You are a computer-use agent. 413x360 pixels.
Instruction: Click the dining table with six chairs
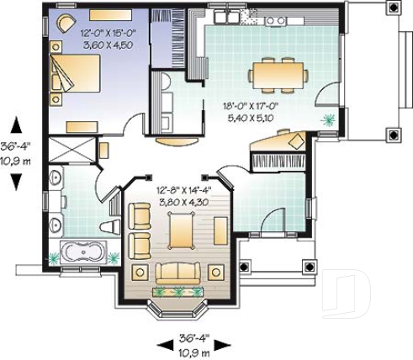pyautogui.click(x=277, y=73)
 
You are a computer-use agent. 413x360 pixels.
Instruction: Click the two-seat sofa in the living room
pyautogui.click(x=179, y=272)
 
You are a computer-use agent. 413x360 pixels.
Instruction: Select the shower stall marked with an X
pyautogui.click(x=71, y=151)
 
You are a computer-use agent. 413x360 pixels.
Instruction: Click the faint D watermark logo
pyautogui.click(x=350, y=291)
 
